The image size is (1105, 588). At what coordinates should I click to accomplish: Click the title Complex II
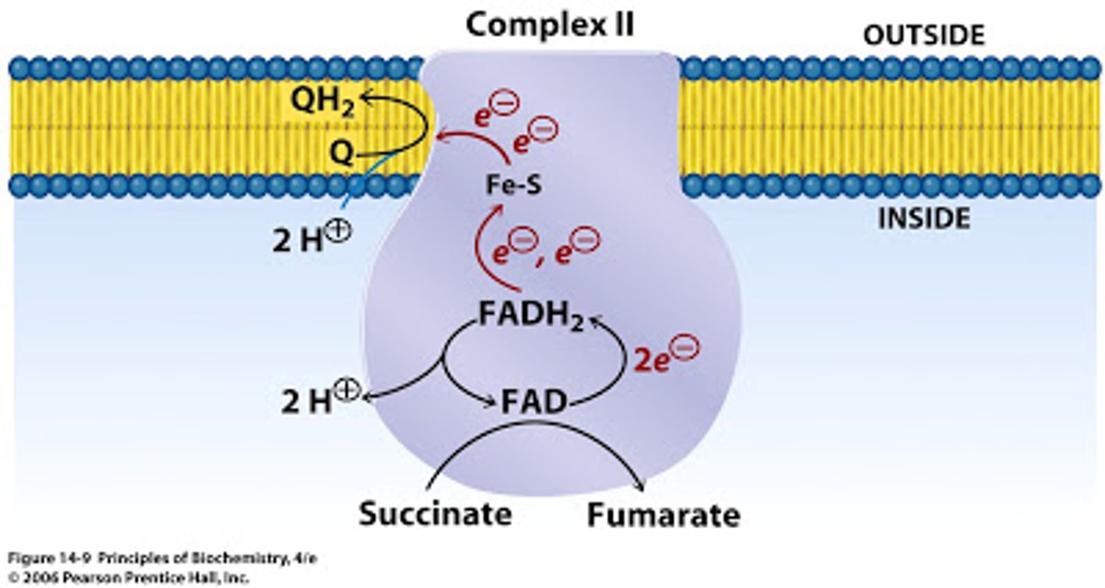tap(550, 25)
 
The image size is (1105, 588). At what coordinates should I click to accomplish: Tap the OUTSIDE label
tap(923, 35)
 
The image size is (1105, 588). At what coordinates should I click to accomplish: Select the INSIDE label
tap(924, 220)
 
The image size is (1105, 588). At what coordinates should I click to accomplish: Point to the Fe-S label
tap(514, 185)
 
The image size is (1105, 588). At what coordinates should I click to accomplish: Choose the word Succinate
tap(435, 514)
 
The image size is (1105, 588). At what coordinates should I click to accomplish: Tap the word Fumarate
tap(663, 515)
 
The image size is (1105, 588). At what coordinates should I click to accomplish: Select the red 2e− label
tap(665, 358)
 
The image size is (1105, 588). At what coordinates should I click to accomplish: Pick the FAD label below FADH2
tap(534, 401)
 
